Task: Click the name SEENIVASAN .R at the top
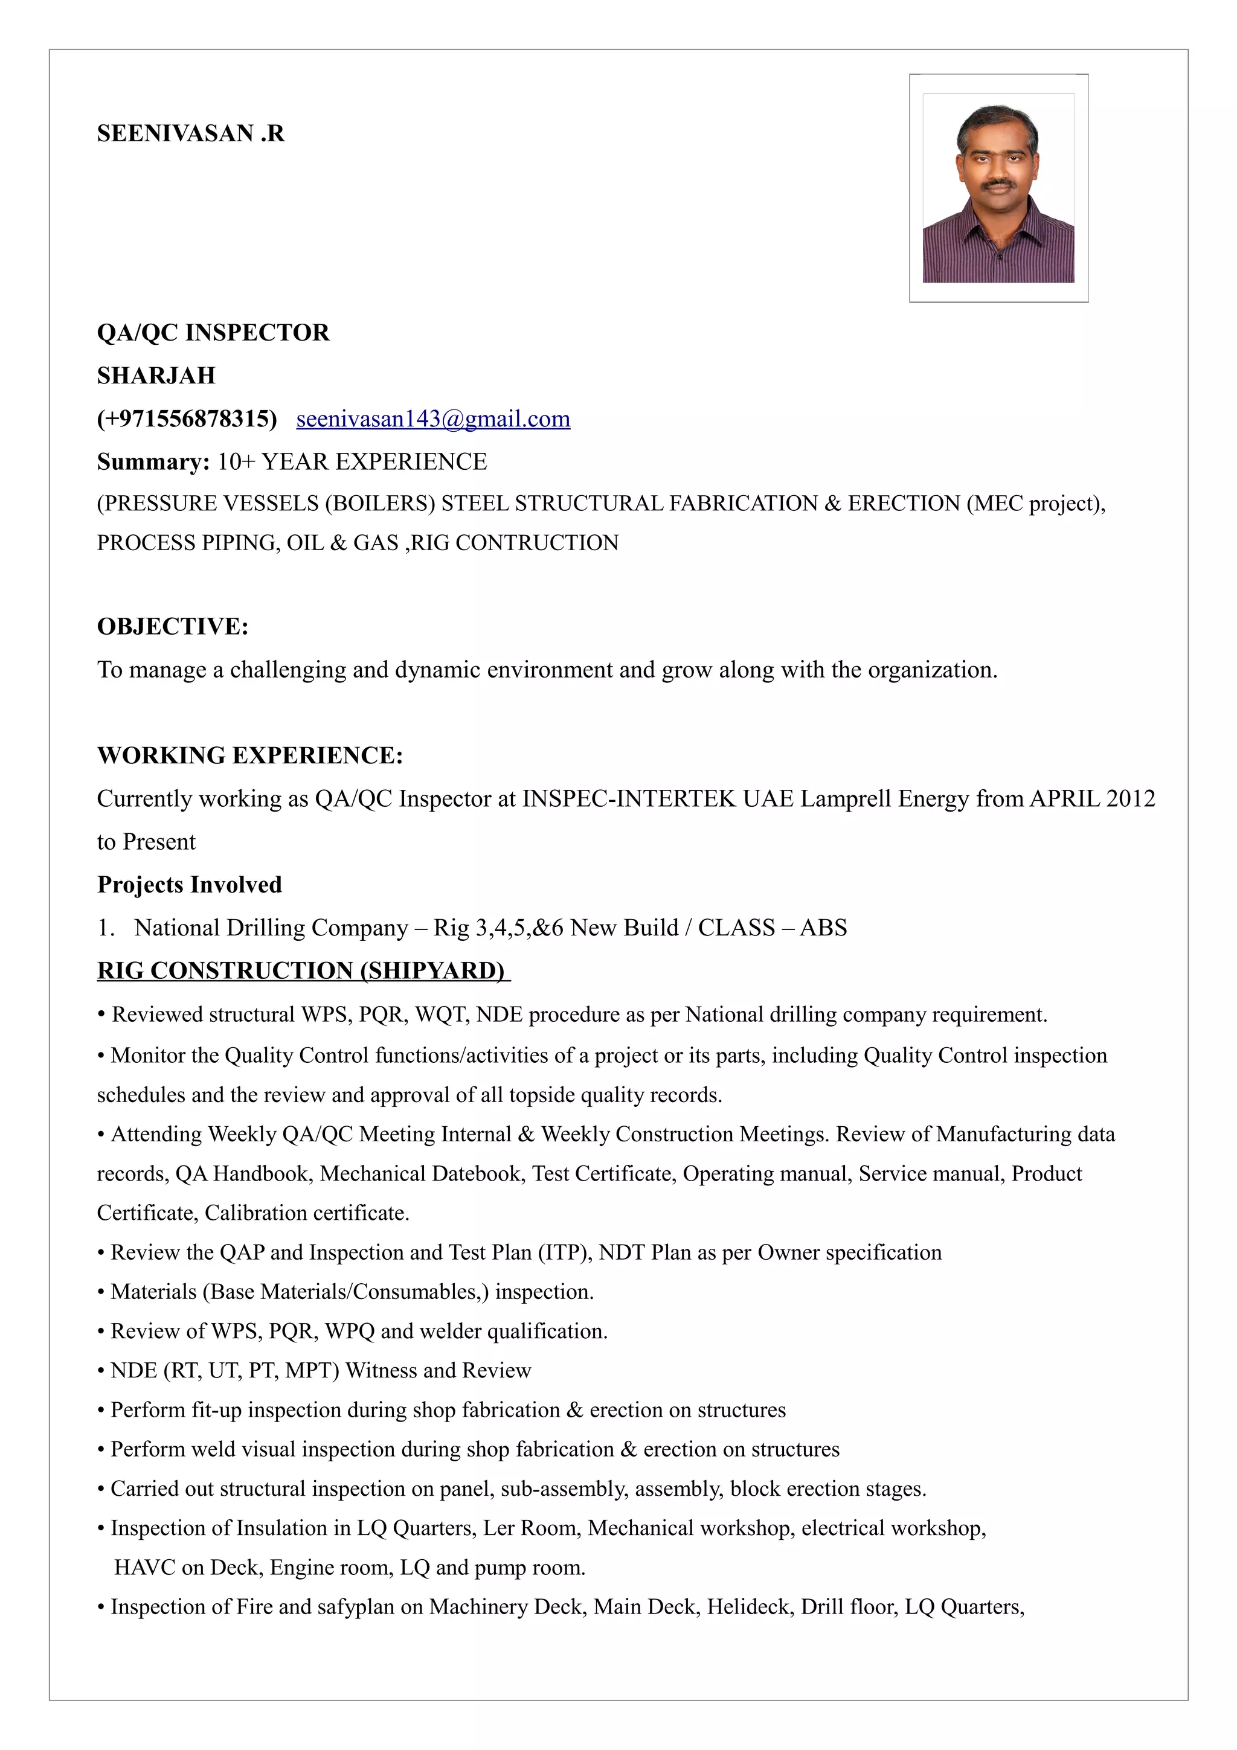[x=190, y=133]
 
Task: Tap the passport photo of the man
[x=998, y=188]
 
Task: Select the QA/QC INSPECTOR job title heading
[x=213, y=332]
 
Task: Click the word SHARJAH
[x=156, y=375]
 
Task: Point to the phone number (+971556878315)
[x=187, y=418]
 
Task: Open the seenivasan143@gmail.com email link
[x=433, y=418]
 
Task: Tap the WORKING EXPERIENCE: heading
[x=250, y=755]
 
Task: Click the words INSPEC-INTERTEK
[x=629, y=798]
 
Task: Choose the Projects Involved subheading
[x=190, y=884]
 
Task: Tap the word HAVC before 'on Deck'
[x=144, y=1567]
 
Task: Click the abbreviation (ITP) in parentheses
[x=565, y=1252]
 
